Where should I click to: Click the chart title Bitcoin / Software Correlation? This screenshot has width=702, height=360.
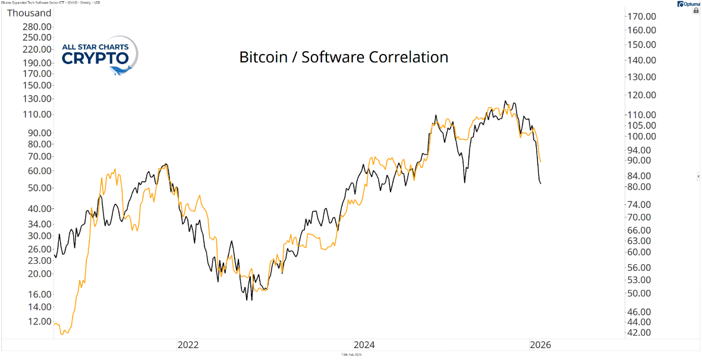pyautogui.click(x=344, y=57)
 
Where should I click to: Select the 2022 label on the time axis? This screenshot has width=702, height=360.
pyautogui.click(x=188, y=345)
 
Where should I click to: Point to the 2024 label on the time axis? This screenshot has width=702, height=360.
pyautogui.click(x=364, y=345)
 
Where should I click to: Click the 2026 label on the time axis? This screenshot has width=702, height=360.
pyautogui.click(x=540, y=345)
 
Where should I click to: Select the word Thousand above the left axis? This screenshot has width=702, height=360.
pyautogui.click(x=29, y=12)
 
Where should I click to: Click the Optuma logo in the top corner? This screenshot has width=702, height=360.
pyautogui.click(x=688, y=4)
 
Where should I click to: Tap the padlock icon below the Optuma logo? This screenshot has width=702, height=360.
pyautogui.click(x=696, y=11)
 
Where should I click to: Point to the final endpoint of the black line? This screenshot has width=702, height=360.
pyautogui.click(x=540, y=184)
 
